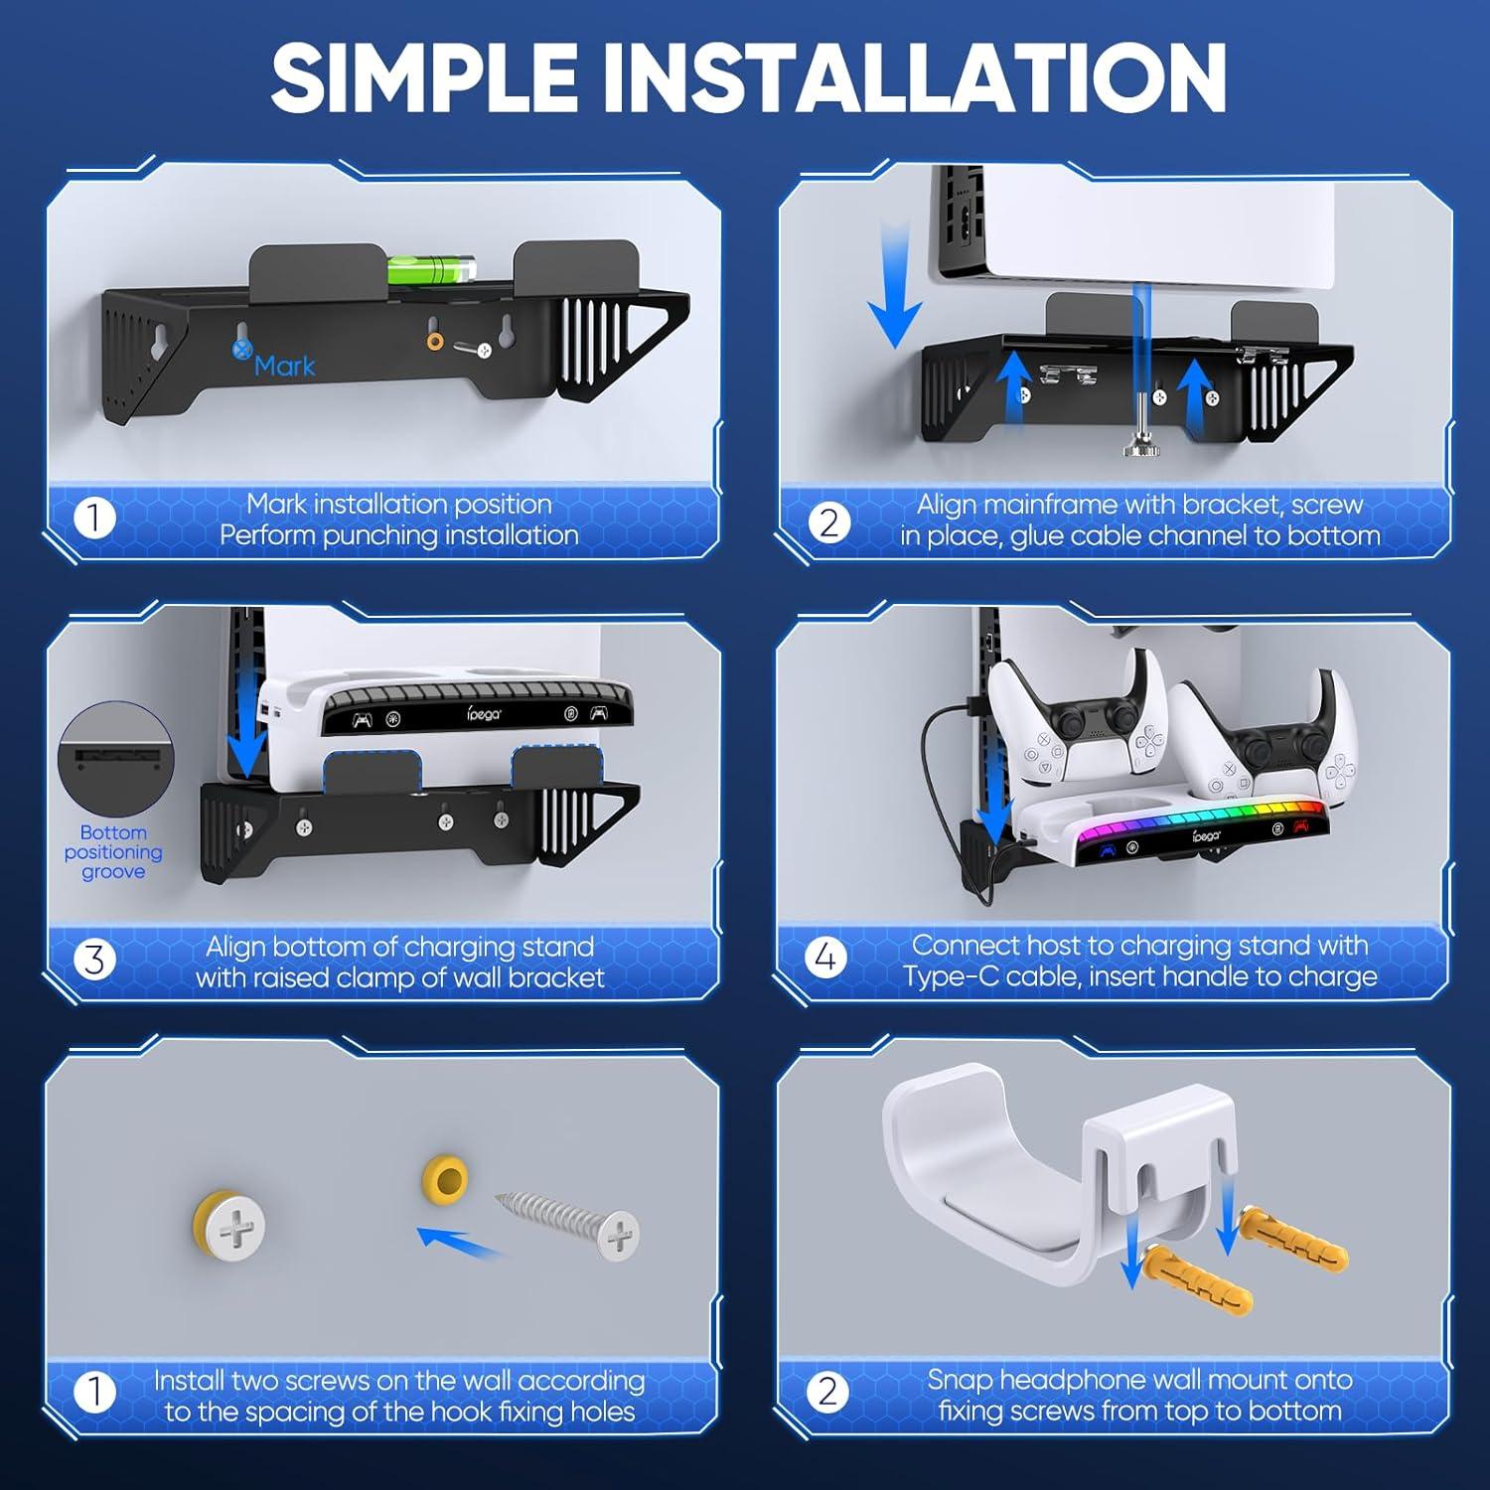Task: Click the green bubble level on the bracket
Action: (x=431, y=269)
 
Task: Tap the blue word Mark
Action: (x=284, y=367)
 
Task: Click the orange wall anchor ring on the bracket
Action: (x=435, y=342)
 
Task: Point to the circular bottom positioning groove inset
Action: (x=116, y=759)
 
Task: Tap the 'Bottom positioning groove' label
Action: (x=113, y=852)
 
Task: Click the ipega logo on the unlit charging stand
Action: (x=484, y=713)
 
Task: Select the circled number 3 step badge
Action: (x=94, y=960)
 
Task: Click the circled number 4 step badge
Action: (x=825, y=958)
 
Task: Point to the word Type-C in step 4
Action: (x=951, y=976)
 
